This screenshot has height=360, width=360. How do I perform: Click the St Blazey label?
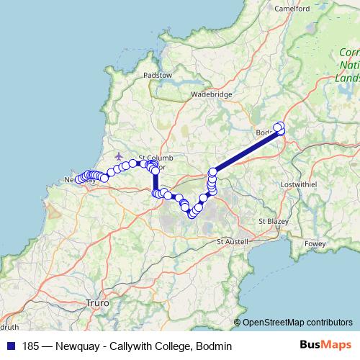point(272,220)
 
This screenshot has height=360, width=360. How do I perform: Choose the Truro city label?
point(97,304)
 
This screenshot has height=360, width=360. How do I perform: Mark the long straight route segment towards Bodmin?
point(245,151)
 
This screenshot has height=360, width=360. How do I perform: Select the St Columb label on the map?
point(153,158)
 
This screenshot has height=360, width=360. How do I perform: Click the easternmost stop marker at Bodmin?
point(281,128)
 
